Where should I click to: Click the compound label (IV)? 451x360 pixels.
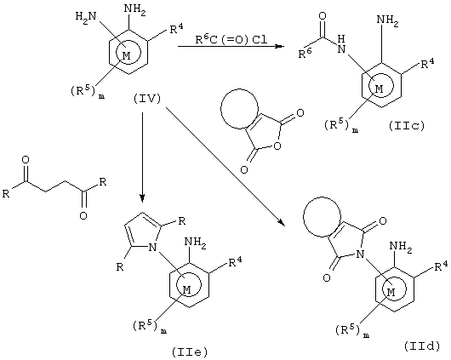click(x=147, y=99)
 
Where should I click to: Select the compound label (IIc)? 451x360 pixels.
click(x=407, y=126)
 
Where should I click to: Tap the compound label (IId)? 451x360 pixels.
click(x=422, y=346)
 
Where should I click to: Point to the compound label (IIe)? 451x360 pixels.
click(x=190, y=352)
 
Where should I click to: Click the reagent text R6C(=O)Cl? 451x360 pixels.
click(x=231, y=39)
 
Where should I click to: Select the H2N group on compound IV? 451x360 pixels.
click(x=85, y=17)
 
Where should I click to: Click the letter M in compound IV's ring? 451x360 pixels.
click(x=127, y=55)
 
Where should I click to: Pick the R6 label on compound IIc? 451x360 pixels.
click(x=305, y=53)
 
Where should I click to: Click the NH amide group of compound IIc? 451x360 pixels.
click(x=341, y=44)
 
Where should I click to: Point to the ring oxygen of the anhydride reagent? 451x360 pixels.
click(x=277, y=146)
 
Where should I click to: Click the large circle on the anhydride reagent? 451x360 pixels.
click(x=221, y=109)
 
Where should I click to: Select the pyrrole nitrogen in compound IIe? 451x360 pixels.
click(x=152, y=247)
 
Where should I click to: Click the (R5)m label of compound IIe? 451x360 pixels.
click(x=150, y=327)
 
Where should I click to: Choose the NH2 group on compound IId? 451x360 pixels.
click(x=401, y=248)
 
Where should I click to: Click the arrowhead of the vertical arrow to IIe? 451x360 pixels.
click(x=142, y=198)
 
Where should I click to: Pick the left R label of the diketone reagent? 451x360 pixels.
click(x=6, y=193)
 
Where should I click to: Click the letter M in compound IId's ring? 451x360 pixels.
click(x=391, y=292)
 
